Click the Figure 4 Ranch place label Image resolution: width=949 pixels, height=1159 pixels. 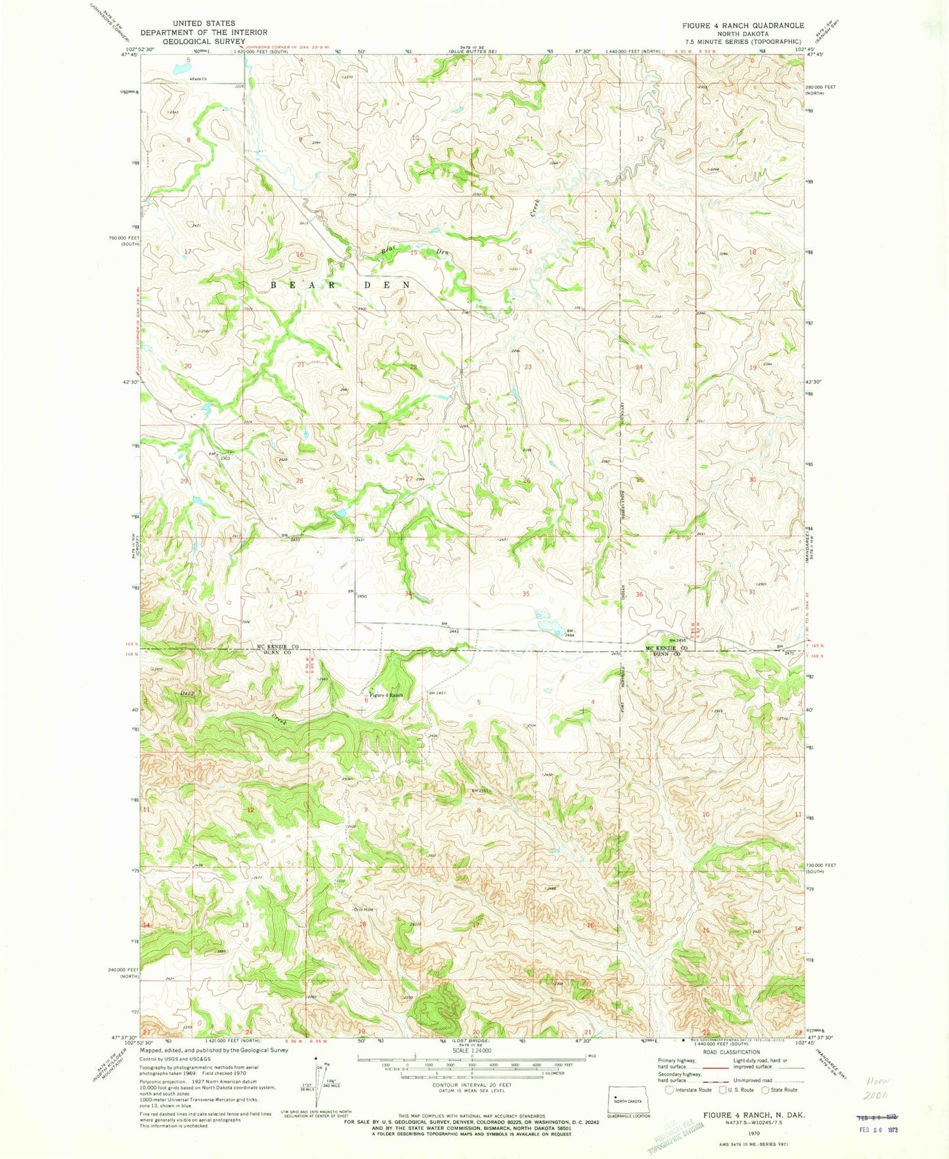(x=386, y=695)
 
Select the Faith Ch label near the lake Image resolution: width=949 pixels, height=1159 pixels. (x=198, y=79)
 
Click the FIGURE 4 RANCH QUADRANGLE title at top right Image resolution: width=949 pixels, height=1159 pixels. (x=742, y=26)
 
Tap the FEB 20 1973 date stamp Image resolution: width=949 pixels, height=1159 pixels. (x=879, y=1133)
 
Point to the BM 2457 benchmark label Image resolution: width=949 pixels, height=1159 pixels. (x=437, y=693)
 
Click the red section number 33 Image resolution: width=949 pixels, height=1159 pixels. (x=299, y=593)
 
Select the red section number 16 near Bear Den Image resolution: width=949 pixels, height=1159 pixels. (x=300, y=254)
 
